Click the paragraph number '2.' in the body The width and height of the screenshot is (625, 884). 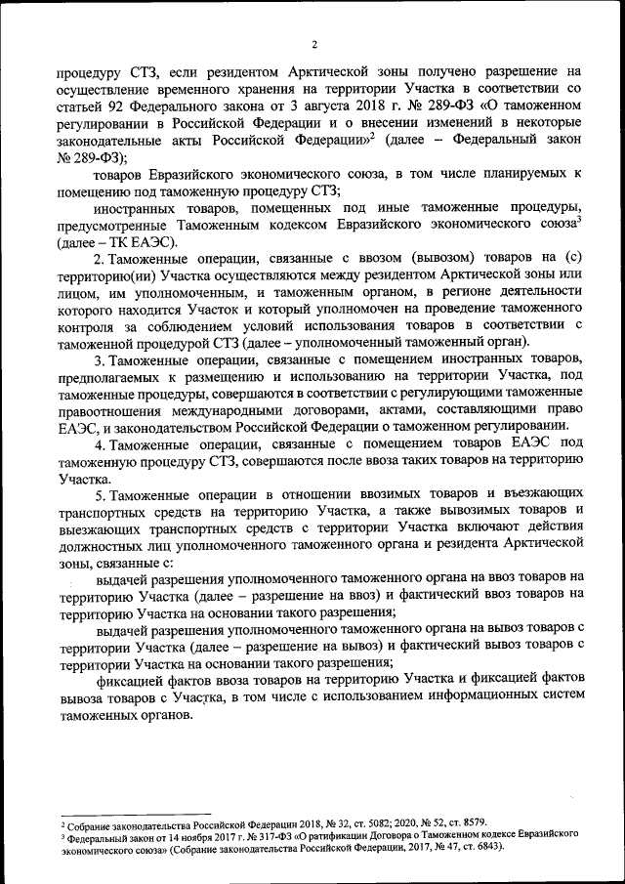100,259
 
